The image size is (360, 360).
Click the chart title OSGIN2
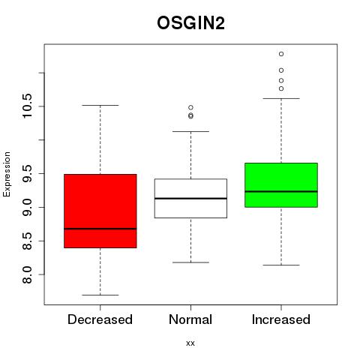(190, 23)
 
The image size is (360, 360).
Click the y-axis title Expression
(7, 174)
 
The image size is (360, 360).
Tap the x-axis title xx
(190, 343)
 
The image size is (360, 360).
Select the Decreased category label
(100, 319)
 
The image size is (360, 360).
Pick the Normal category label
(190, 319)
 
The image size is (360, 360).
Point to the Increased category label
(281, 319)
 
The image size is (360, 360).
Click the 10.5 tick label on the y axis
(27, 106)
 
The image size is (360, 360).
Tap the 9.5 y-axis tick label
(27, 173)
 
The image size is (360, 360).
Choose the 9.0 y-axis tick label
(27, 207)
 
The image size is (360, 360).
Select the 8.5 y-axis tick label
(27, 241)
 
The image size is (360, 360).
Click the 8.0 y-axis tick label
(27, 274)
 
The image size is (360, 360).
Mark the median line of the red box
(100, 229)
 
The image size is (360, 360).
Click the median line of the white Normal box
(190, 198)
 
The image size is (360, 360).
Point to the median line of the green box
(281, 191)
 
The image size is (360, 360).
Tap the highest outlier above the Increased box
(281, 54)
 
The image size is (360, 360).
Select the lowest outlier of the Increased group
(281, 88)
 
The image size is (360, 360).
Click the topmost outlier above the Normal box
(190, 107)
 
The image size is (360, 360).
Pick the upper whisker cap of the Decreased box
(100, 105)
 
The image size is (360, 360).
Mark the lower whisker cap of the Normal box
(190, 262)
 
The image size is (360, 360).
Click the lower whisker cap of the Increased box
(281, 265)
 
